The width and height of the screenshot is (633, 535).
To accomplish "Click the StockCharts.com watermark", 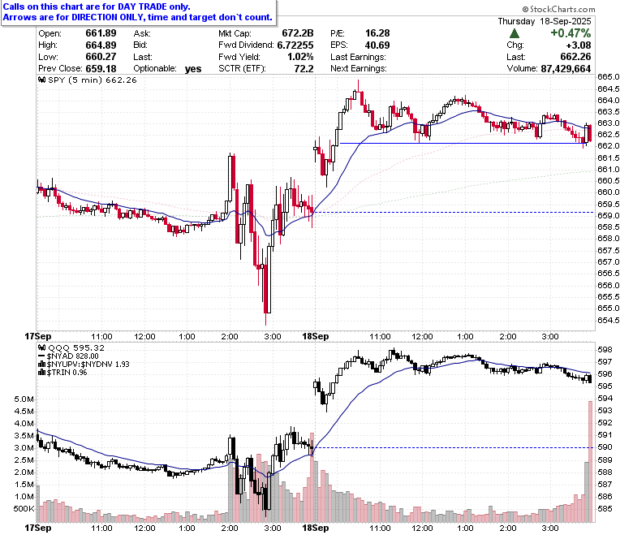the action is coord(558,9).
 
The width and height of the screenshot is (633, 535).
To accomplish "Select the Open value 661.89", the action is coord(101,33).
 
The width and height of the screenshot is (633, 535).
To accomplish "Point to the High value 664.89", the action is coord(101,45).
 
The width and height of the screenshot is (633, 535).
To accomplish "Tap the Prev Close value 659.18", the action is coord(101,69).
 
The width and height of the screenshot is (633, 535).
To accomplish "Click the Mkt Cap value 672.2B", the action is coord(298,33).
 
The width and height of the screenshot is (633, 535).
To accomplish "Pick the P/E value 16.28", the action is coord(377,33).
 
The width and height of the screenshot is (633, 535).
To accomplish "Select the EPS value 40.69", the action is coord(377,45).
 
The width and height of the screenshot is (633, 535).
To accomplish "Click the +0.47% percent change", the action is coord(571,33).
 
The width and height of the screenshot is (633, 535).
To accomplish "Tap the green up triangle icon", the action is coord(515,33).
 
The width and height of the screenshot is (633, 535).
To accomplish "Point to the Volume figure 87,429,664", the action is coord(566,69).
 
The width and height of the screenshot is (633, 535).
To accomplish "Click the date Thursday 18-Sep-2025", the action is coord(545,21).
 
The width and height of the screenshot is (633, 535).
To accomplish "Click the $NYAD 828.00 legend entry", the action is coord(68,356).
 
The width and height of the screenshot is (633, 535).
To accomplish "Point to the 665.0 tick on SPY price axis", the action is coord(609,76).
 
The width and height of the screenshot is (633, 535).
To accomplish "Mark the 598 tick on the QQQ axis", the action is coord(605,350).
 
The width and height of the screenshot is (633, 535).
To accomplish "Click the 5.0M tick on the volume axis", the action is coord(24,399).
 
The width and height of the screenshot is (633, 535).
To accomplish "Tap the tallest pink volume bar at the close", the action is coord(590,462).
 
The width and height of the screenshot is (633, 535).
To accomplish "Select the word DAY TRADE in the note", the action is coord(142,6).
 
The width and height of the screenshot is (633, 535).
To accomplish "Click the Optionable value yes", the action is coord(193,69).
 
